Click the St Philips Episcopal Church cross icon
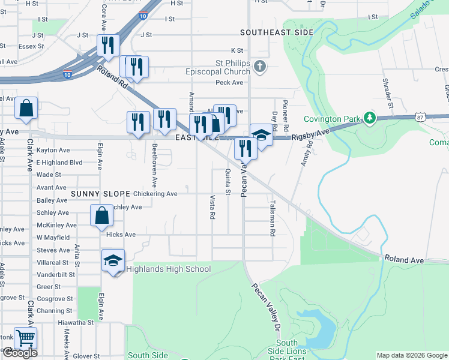pos(259,66)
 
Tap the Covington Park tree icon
pos(370,117)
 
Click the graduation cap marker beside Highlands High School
pos(112,260)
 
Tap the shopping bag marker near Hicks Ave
pos(102,216)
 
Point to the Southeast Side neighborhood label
pos(277,32)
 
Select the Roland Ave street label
pos(404,260)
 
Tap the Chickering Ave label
pos(155,194)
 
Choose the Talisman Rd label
pos(272,218)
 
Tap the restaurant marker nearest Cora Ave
pos(109,46)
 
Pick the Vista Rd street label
pos(212,207)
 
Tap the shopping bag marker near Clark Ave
pos(26,109)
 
